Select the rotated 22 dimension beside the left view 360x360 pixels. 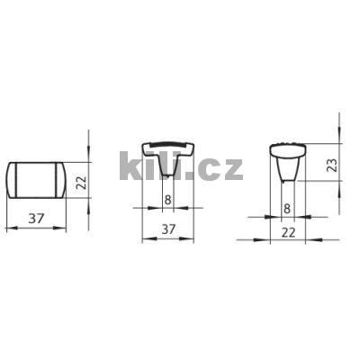[x=80, y=183]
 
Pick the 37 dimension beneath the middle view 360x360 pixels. [x=167, y=230]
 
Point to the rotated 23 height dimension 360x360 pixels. [x=331, y=166]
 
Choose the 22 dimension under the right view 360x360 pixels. [x=287, y=232]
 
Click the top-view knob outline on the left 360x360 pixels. [x=36, y=179]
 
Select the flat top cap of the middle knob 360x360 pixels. [x=167, y=146]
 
